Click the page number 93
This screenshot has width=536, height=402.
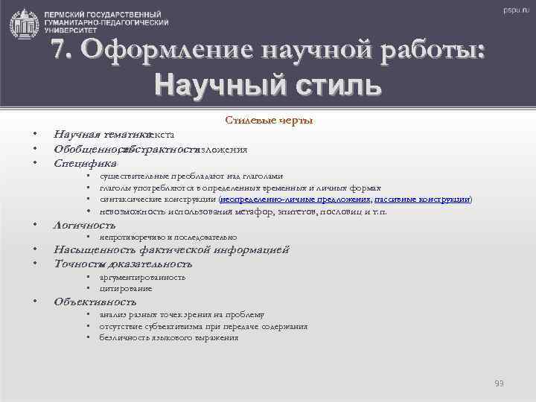click(x=500, y=383)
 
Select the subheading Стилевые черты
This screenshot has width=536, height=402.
click(x=269, y=121)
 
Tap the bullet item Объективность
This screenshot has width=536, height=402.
click(x=95, y=301)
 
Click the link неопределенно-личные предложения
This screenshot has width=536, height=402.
click(x=295, y=200)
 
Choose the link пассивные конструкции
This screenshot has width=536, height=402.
click(x=422, y=200)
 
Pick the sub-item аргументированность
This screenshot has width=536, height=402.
click(x=142, y=277)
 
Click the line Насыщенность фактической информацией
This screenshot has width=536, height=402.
click(x=171, y=249)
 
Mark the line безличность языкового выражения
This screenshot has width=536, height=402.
click(x=168, y=338)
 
